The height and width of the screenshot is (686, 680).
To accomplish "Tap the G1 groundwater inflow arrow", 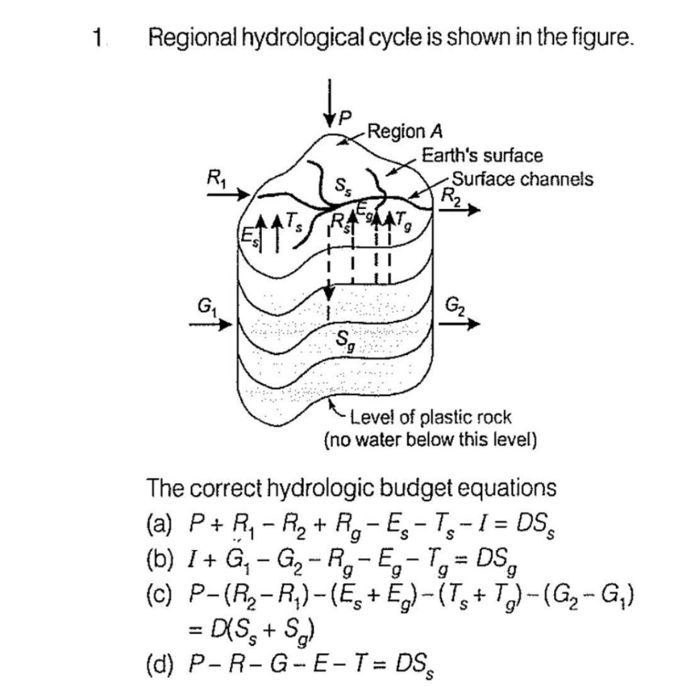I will click(x=210, y=325).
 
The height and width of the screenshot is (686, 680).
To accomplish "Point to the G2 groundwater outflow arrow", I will click(x=460, y=324).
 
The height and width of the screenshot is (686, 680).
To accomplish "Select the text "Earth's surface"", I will click(x=482, y=156).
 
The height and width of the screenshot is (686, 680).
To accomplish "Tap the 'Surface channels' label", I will click(x=523, y=179).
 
